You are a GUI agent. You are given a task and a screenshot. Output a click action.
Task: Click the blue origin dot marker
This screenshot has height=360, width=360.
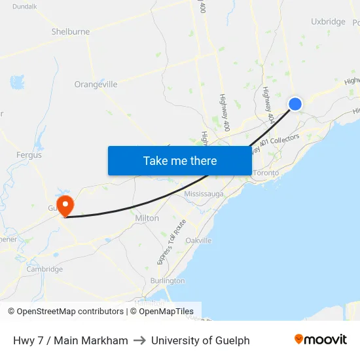tap(295, 103)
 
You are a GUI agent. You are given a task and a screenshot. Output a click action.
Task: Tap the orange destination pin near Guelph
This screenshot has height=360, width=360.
tap(65, 206)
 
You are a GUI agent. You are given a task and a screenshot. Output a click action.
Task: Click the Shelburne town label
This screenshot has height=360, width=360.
tap(70, 31)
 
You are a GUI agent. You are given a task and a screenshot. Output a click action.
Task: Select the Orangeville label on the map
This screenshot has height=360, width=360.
tap(96, 84)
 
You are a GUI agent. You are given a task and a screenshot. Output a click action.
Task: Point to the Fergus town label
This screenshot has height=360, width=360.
tap(29, 155)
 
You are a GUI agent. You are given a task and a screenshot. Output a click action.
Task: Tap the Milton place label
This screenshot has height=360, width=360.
tap(147, 218)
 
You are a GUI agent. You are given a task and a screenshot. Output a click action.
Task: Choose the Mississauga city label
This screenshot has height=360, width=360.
tap(204, 194)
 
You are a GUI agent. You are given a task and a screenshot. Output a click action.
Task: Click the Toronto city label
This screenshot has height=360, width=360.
tap(266, 173)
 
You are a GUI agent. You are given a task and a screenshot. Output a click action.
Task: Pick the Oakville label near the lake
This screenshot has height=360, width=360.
tap(198, 240)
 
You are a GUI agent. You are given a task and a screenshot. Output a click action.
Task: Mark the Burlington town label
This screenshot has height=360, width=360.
tap(168, 281)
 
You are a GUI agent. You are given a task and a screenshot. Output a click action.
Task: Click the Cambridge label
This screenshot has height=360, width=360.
tap(45, 269)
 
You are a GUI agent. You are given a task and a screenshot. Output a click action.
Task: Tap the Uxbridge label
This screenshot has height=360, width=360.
tap(328, 22)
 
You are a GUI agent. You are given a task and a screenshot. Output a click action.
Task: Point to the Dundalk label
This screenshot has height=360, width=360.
tap(24, 6)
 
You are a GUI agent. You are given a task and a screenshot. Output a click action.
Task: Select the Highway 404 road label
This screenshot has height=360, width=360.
tap(268, 104)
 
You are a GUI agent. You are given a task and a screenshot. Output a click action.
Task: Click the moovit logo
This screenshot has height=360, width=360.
tap(321, 340)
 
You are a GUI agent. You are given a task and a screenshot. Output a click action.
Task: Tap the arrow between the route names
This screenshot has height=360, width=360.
tap(139, 340)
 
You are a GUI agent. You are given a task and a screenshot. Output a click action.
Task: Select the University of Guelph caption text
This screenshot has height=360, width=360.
tap(200, 340)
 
